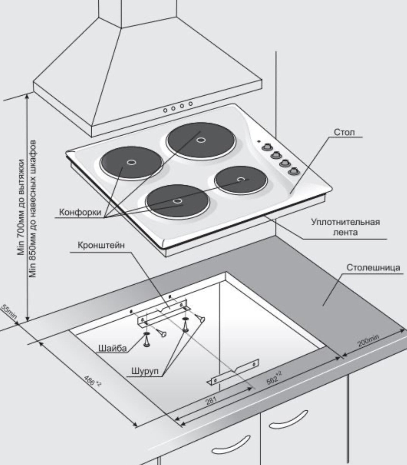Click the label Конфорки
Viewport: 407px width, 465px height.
[x=80, y=212]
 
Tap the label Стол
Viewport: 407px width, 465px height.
[x=344, y=132]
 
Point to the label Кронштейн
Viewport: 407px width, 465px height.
[x=101, y=245]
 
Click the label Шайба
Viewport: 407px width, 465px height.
[x=112, y=348]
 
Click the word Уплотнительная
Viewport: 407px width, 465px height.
[x=345, y=222]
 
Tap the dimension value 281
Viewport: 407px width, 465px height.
[x=211, y=401]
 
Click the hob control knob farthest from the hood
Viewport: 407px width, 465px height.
[x=293, y=171]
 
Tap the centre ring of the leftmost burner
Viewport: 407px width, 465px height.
[x=131, y=162]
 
